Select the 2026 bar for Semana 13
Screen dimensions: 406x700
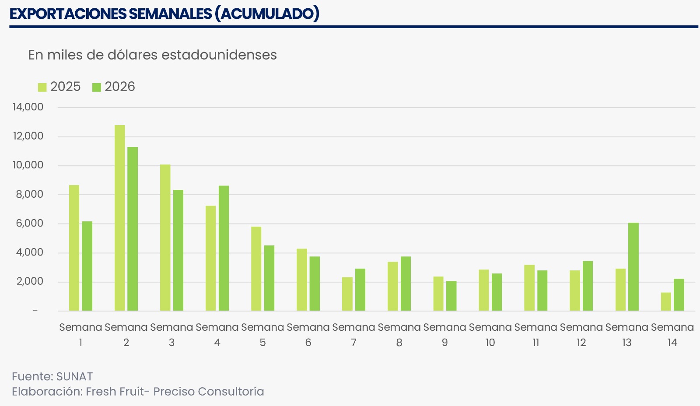pos(633,267)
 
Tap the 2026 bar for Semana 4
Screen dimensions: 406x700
pos(224,248)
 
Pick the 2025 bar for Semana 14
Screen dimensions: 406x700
pos(666,302)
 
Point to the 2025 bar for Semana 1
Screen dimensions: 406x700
pos(74,248)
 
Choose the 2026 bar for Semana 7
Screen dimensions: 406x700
pos(360,290)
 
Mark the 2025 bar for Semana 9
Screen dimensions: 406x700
pos(438,294)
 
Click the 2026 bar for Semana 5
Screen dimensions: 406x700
pos(269,278)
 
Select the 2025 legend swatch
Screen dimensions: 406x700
pos(42,87)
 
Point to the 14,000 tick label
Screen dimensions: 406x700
pos(28,107)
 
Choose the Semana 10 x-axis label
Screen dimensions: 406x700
pos(490,335)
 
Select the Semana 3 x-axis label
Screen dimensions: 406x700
pos(171,335)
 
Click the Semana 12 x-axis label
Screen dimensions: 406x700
pos(581,335)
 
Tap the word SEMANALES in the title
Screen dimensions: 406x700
pos(170,14)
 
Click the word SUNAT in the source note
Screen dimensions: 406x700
pos(74,377)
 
